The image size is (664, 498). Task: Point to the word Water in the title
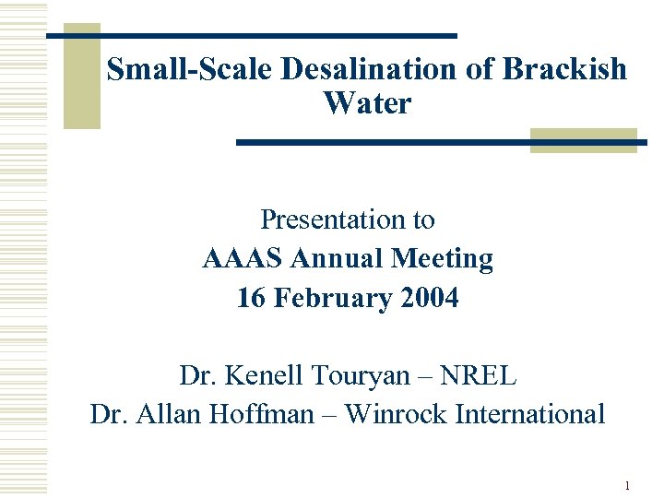[367, 103]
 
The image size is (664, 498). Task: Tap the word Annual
[338, 259]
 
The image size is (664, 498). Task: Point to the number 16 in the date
[250, 298]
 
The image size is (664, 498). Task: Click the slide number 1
[627, 485]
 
